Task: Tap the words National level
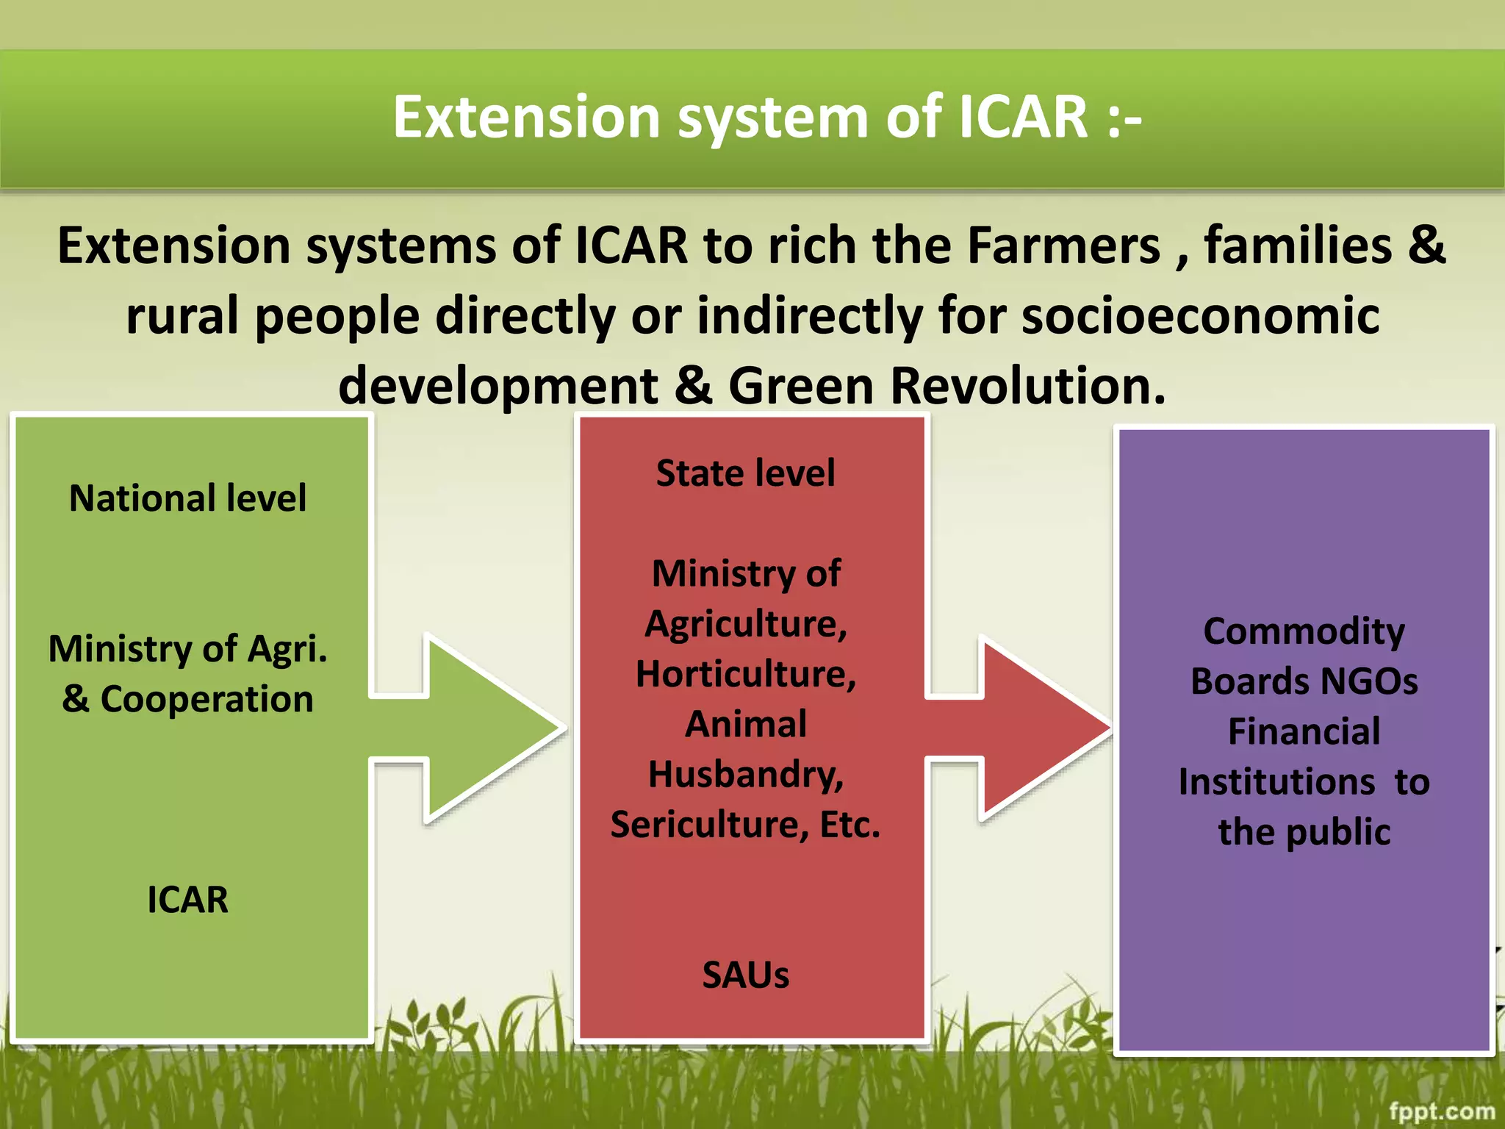point(187,498)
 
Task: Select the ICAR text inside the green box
point(187,900)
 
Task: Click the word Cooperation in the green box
point(206,699)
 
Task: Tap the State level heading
point(745,473)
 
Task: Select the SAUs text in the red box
point(745,975)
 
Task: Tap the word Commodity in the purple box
point(1304,632)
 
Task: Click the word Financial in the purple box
point(1304,732)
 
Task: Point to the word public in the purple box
point(1337,833)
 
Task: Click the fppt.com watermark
point(1442,1110)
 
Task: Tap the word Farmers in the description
point(1063,245)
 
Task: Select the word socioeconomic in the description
point(1200,316)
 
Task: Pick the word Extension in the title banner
point(526,118)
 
